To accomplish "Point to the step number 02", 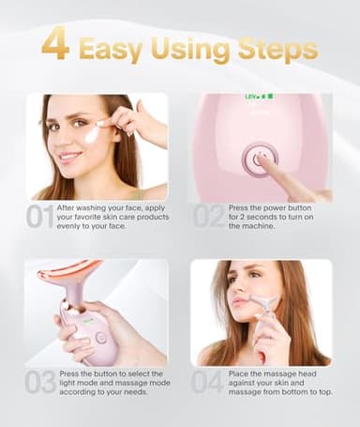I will [x=208, y=218].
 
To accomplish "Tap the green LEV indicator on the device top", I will [x=250, y=97].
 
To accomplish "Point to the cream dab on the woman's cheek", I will [x=92, y=135].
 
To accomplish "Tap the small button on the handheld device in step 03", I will [x=100, y=337].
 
